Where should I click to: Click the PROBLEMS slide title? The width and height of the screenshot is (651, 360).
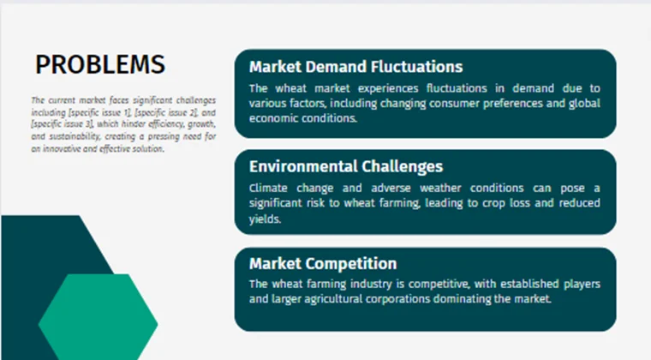[100, 65]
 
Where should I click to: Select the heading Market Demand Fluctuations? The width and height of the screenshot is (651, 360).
[355, 67]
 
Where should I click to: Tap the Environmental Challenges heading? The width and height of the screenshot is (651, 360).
[346, 166]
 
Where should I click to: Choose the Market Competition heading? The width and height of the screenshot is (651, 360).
[323, 264]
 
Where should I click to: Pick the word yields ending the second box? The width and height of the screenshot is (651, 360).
[266, 219]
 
